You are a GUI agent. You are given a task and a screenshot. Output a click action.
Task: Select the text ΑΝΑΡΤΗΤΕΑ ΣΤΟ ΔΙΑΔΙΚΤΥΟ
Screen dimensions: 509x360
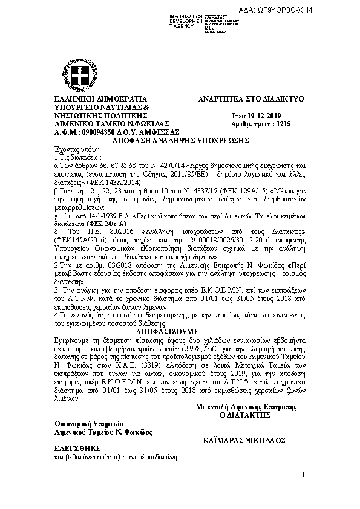[x=251, y=98]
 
